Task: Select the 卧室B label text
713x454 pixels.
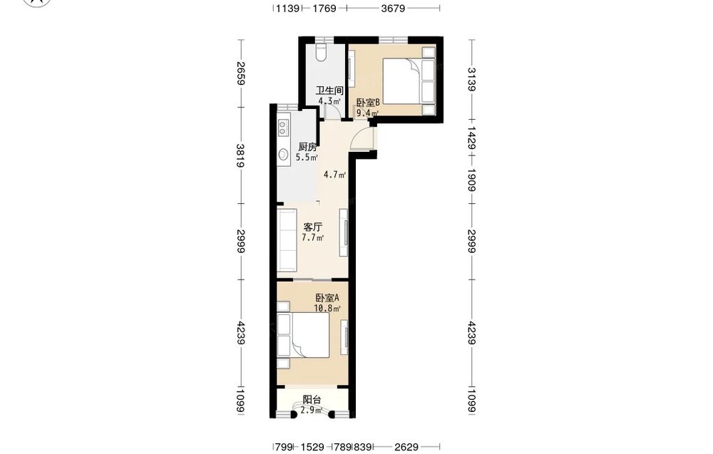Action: pos(368,103)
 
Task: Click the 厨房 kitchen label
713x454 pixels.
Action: pos(307,147)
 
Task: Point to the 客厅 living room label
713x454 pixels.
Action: pos(313,227)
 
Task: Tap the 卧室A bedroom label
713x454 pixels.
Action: pos(327,298)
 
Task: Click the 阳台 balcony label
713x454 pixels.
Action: pos(312,400)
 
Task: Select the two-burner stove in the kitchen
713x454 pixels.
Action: pos(283,128)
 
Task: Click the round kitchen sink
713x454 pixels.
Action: pos(283,155)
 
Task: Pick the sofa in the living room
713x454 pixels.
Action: pos(287,240)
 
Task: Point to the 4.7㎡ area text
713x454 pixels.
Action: pos(334,174)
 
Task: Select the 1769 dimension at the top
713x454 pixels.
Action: pos(324,8)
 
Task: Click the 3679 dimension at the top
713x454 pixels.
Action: pos(394,8)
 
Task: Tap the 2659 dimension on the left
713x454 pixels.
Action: pos(241,73)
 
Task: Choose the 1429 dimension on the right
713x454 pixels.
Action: pos(471,138)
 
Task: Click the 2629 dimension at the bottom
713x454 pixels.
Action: pos(406,447)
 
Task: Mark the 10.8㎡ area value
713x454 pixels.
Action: pos(327,308)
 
